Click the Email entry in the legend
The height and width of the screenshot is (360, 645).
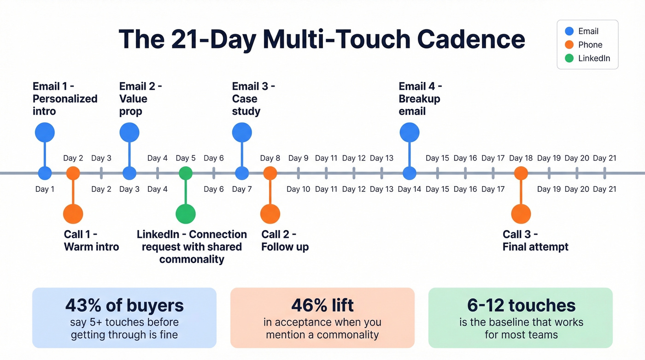click(588, 31)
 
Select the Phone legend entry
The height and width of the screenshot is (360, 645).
click(590, 45)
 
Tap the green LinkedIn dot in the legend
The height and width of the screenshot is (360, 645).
click(569, 58)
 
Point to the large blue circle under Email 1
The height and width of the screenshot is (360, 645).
click(45, 133)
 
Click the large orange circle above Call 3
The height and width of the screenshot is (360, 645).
click(521, 214)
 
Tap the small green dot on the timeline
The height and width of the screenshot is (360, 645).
click(186, 173)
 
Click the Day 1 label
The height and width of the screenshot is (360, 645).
click(45, 189)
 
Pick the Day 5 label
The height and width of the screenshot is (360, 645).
click(186, 158)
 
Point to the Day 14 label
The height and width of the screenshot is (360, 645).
click(410, 189)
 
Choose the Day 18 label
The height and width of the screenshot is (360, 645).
click(521, 158)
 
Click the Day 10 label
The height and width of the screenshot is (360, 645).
click(299, 189)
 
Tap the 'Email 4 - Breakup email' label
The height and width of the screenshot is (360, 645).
click(420, 99)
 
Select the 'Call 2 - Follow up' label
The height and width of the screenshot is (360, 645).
click(285, 241)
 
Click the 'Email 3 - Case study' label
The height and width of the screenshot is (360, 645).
click(253, 99)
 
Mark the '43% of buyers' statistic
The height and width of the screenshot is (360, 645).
click(124, 305)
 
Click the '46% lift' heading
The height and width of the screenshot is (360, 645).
click(322, 305)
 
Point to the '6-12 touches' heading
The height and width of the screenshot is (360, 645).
click(521, 305)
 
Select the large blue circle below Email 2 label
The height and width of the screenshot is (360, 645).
click(129, 133)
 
